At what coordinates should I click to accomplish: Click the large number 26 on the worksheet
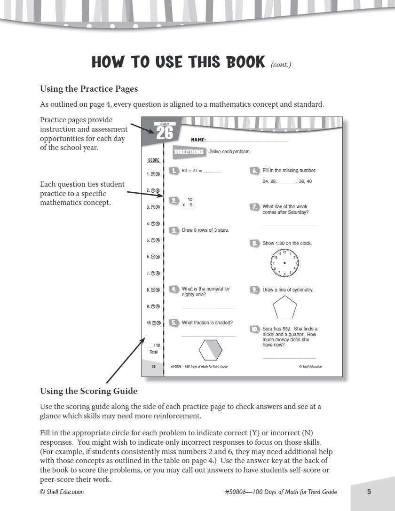165,133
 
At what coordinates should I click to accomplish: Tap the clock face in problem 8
284,263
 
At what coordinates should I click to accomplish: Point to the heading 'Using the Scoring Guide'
89,391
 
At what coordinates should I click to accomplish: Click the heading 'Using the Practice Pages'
89,88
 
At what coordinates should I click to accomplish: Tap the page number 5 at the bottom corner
369,492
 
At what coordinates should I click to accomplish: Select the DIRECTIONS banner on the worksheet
189,152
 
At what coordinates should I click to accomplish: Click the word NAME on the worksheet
198,140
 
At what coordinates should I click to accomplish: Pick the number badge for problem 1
174,171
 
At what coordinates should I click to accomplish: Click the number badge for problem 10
255,329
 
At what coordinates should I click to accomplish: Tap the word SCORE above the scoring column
154,160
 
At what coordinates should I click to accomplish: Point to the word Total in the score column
154,352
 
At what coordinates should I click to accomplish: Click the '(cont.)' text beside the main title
281,65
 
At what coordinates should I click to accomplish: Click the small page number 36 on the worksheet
153,366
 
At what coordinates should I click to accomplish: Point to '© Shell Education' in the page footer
62,492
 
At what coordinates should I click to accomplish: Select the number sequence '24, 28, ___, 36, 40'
287,181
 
